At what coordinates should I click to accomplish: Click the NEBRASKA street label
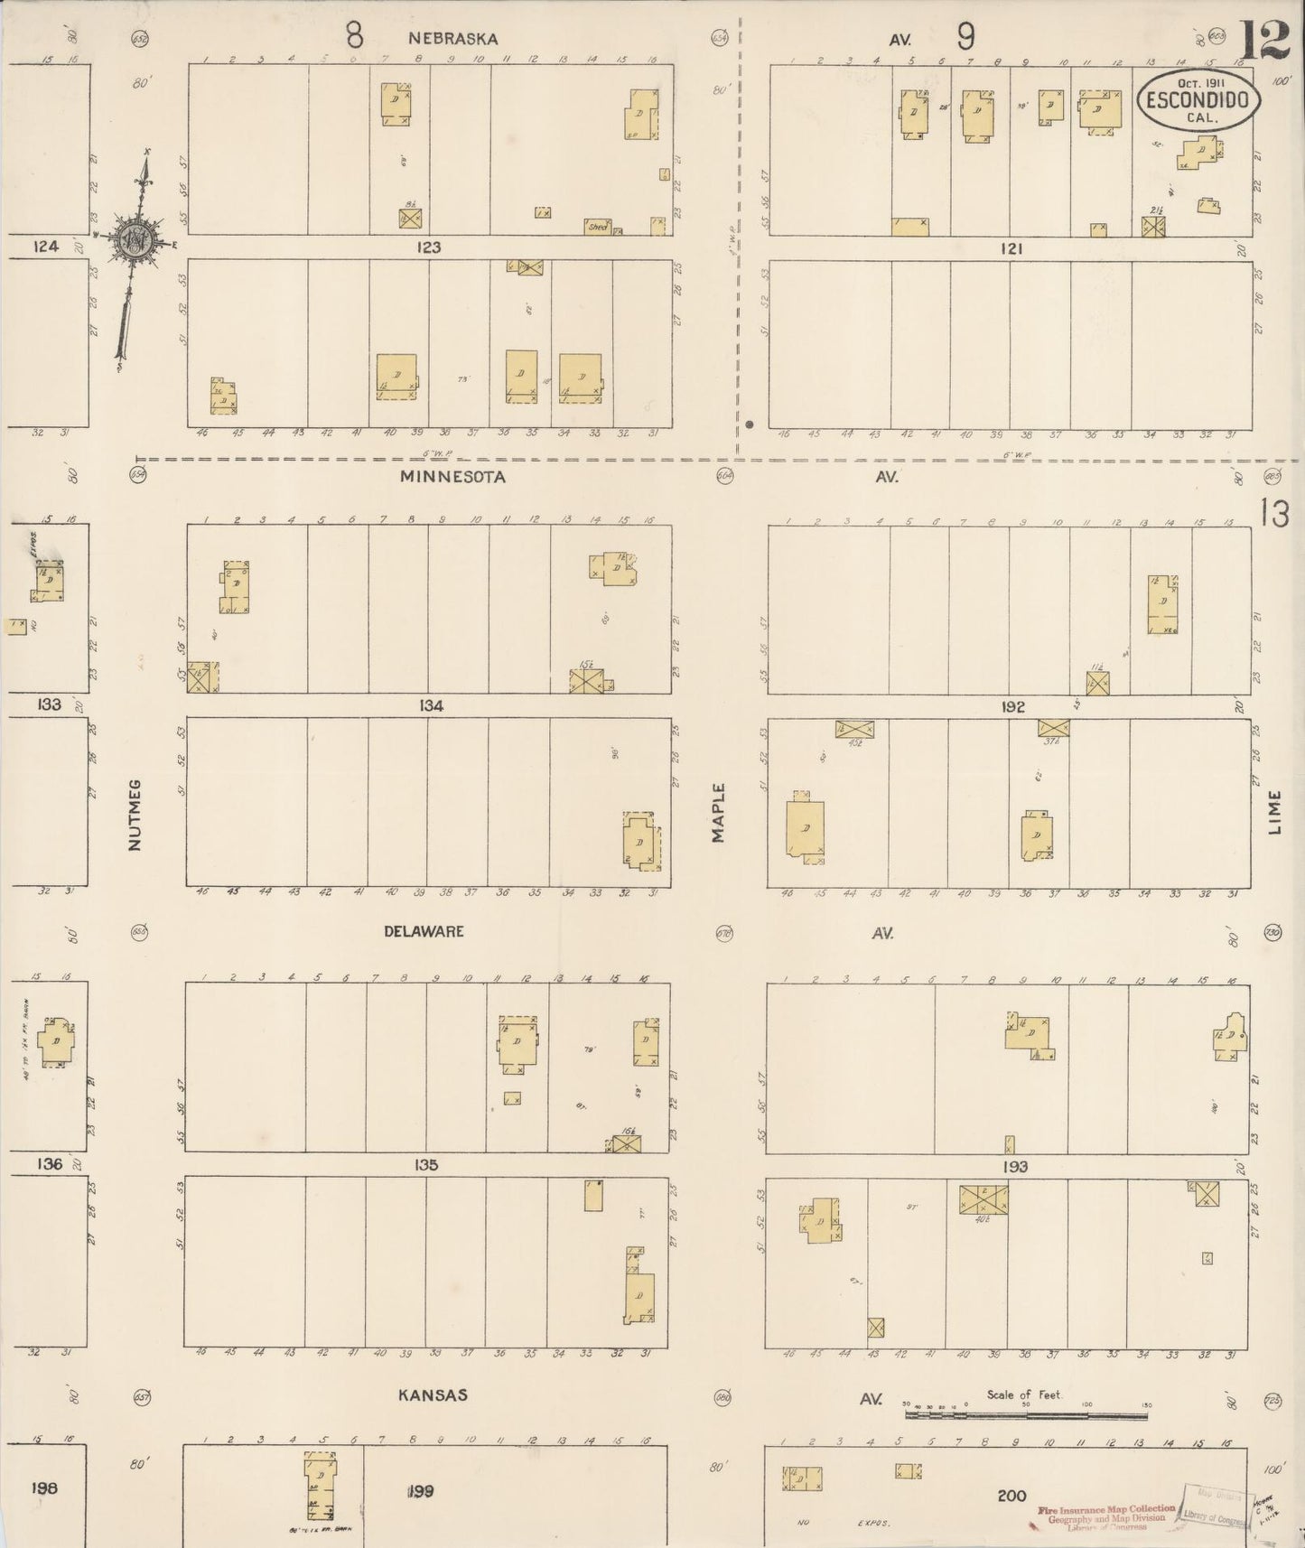tap(452, 38)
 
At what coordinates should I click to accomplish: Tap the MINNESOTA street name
tap(452, 476)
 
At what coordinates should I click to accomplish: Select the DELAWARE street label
tap(424, 931)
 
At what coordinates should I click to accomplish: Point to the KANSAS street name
tap(433, 1395)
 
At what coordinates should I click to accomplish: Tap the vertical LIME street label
tap(1274, 812)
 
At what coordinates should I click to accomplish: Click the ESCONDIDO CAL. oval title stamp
tap(1198, 99)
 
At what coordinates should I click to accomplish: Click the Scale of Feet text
tap(1024, 1394)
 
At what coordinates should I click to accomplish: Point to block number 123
tap(428, 247)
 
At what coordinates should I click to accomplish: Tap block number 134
tap(431, 705)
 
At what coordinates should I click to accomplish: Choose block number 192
tap(1012, 706)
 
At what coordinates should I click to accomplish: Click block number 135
tap(426, 1165)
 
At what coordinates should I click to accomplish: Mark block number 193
tap(1014, 1167)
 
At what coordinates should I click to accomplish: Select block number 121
tap(1011, 247)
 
